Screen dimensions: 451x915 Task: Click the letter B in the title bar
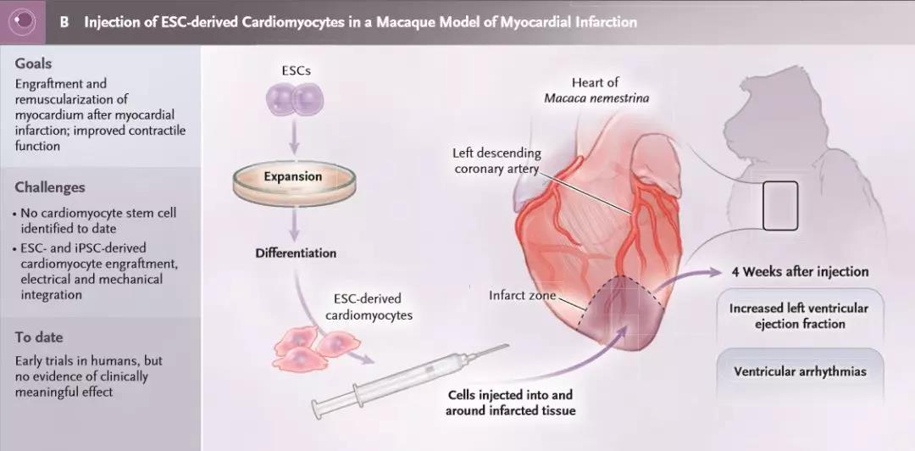click(64, 22)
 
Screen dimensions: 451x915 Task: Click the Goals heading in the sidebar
click(33, 64)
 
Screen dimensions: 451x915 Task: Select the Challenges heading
click(50, 187)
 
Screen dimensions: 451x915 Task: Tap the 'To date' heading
click(39, 337)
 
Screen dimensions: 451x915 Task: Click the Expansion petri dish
click(292, 178)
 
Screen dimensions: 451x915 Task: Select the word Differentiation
click(296, 253)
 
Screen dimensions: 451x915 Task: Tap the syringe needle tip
click(507, 346)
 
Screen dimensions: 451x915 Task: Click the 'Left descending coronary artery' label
click(496, 161)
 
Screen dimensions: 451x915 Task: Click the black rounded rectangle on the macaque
click(779, 205)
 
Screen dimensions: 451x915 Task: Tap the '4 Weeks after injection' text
click(801, 271)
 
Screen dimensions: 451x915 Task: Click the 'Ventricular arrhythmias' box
click(800, 371)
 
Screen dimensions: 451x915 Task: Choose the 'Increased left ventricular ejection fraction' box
click(800, 315)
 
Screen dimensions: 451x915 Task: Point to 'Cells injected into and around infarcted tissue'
click(509, 403)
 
